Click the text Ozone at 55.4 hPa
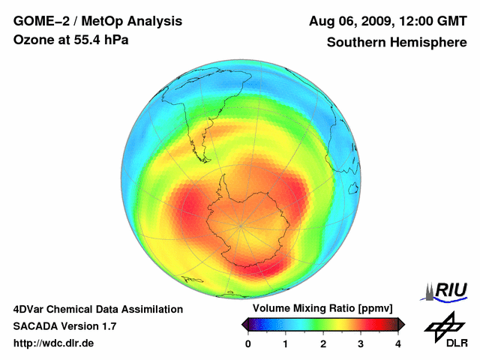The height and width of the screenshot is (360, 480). click(x=71, y=40)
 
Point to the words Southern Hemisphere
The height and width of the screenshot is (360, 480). click(x=396, y=43)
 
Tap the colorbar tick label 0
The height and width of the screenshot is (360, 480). click(x=248, y=343)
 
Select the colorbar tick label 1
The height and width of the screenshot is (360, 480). click(x=286, y=343)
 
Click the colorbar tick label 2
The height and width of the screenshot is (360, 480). click(x=323, y=343)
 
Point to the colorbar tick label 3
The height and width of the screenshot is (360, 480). click(x=361, y=343)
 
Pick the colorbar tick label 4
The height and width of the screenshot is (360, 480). click(x=398, y=343)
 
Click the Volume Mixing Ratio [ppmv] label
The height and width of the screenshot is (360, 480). click(x=322, y=309)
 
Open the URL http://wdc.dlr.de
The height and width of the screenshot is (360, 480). click(x=54, y=343)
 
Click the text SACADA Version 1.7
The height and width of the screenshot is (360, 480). click(x=64, y=326)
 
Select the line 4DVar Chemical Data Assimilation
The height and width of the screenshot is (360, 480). click(x=97, y=309)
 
